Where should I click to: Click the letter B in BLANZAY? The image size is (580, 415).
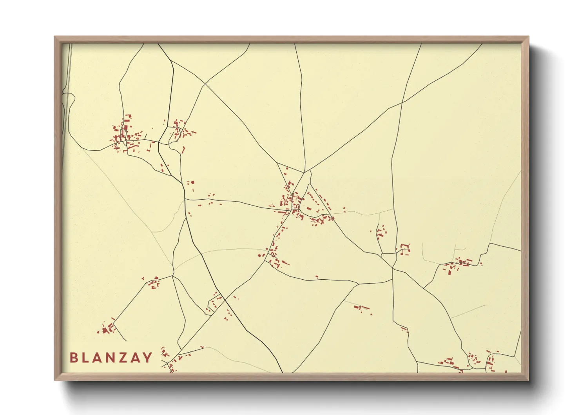pos(73,358)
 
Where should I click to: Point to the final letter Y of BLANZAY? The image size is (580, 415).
pos(148,358)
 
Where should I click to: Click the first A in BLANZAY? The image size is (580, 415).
pos(98,358)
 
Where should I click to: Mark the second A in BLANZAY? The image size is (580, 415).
pos(136,358)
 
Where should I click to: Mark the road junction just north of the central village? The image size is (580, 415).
pos(304,172)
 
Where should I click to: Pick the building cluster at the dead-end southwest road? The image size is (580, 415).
pos(107,329)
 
